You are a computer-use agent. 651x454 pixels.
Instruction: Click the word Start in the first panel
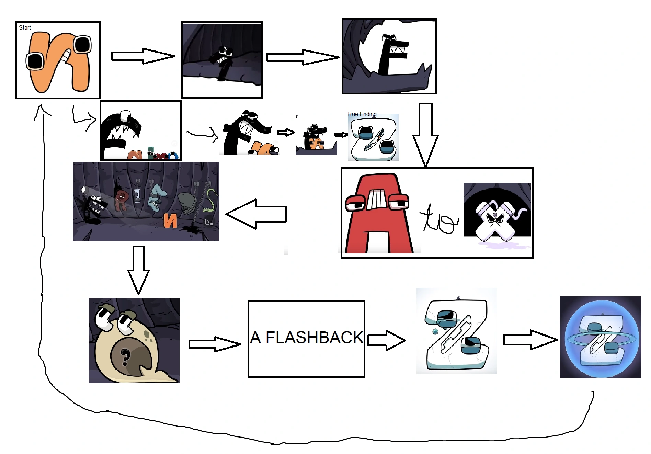click(x=25, y=27)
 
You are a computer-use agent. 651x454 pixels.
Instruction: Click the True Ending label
click(x=362, y=114)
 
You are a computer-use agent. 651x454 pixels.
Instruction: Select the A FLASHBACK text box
click(x=306, y=339)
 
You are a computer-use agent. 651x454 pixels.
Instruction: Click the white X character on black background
click(x=494, y=220)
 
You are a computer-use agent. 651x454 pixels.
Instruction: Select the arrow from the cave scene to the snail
click(x=138, y=270)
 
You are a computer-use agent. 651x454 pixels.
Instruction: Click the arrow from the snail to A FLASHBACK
click(x=215, y=344)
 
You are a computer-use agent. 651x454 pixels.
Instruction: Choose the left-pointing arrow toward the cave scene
click(x=256, y=214)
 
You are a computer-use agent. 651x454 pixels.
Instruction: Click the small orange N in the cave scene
click(x=170, y=220)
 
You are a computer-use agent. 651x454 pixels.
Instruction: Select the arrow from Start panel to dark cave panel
click(x=143, y=56)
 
